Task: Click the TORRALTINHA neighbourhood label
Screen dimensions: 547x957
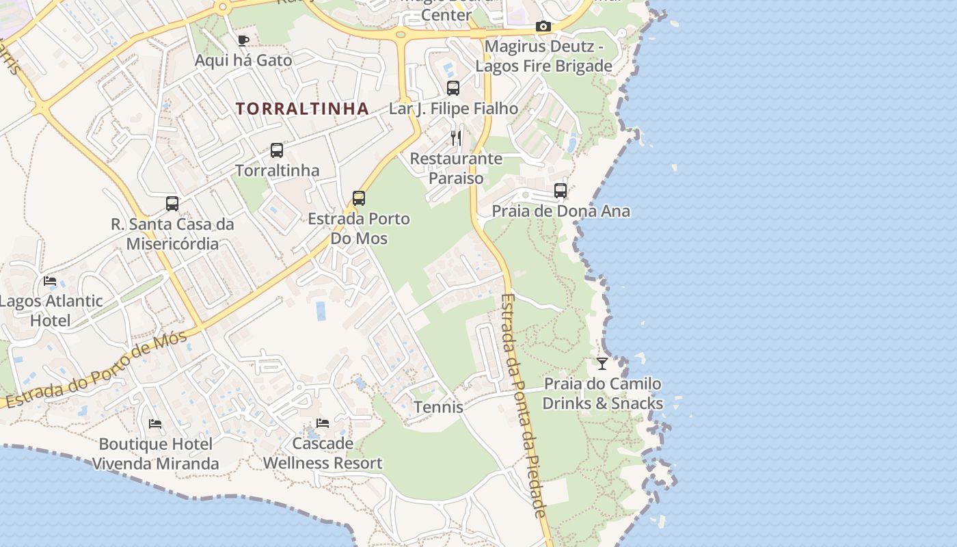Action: [x=302, y=109]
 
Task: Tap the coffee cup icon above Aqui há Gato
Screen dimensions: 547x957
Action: [x=243, y=40]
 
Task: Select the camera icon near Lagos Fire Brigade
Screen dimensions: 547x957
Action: [x=543, y=27]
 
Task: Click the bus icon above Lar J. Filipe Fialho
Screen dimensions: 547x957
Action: [x=453, y=88]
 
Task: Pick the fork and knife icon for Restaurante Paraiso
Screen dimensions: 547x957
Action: [x=456, y=138]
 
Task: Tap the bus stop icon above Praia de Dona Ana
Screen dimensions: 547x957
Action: [x=561, y=191]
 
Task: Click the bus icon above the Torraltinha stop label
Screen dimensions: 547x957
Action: [x=277, y=150]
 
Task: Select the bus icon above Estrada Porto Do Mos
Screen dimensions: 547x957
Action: [x=359, y=198]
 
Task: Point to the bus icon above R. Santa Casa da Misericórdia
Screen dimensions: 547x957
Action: [x=172, y=203]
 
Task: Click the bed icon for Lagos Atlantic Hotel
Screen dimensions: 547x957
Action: [x=50, y=280]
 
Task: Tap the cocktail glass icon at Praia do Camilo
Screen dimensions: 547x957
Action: [x=602, y=363]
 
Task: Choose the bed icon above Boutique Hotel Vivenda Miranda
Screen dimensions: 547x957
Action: [x=155, y=424]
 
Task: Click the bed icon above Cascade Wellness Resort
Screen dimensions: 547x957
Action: [x=323, y=423]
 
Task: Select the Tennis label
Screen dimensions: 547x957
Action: [x=438, y=408]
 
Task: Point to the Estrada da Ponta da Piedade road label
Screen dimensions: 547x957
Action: [x=524, y=405]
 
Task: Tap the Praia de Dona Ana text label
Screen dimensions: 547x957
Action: [x=561, y=211]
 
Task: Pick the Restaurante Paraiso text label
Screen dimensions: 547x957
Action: [x=456, y=168]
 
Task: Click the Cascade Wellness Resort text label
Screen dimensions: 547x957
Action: [x=323, y=453]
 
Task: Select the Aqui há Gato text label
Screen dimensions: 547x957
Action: [x=243, y=60]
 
